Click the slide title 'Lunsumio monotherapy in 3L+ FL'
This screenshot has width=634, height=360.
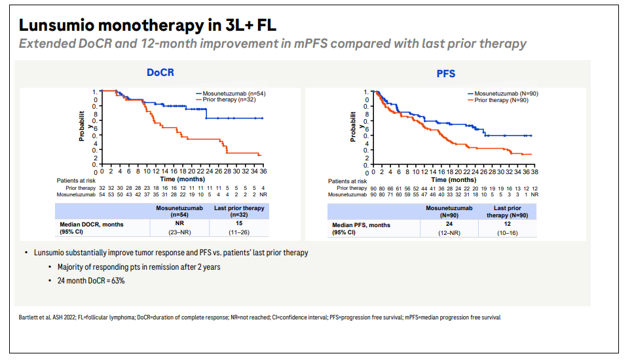(x=147, y=26)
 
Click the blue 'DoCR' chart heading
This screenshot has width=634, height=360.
(x=160, y=74)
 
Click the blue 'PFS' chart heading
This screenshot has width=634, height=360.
(x=446, y=74)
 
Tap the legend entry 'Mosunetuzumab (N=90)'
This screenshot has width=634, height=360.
(x=506, y=94)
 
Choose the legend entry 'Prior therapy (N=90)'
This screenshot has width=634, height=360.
(x=502, y=99)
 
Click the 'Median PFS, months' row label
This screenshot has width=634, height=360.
(x=361, y=225)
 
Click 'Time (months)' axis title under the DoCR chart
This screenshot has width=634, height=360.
(x=183, y=178)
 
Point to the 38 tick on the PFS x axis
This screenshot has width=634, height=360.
(x=534, y=171)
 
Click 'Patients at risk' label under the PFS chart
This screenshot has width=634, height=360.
(x=348, y=181)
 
